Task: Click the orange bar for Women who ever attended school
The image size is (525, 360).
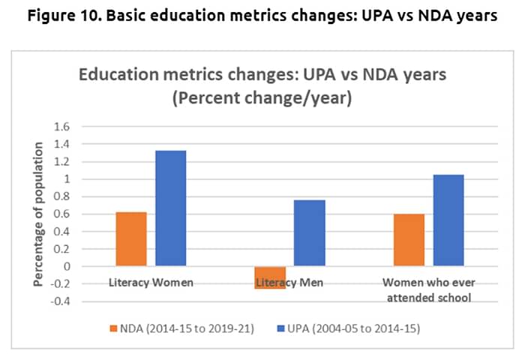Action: [409, 240]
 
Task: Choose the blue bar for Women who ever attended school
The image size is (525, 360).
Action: [448, 220]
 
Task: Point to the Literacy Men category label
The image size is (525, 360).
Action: [291, 283]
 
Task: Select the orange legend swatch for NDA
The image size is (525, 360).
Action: [114, 328]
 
